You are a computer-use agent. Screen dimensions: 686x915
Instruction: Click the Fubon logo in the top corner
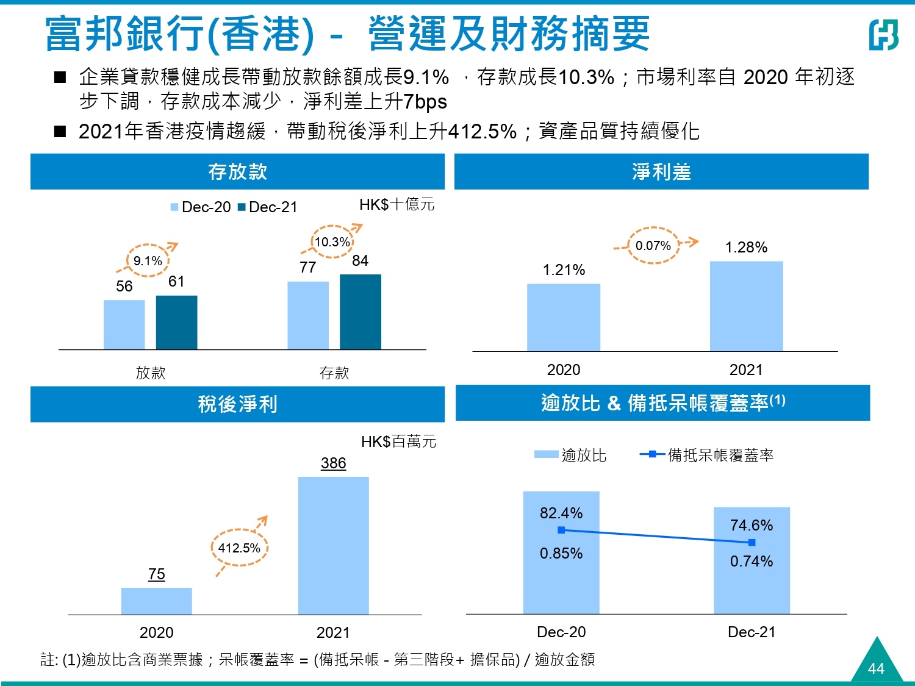(x=883, y=34)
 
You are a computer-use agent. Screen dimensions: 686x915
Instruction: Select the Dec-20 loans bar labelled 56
(x=124, y=324)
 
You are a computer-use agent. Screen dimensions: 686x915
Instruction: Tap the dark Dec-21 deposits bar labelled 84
(x=361, y=312)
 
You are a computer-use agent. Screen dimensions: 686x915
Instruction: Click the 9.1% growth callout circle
(x=148, y=260)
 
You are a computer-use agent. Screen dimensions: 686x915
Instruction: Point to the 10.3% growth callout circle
(x=332, y=241)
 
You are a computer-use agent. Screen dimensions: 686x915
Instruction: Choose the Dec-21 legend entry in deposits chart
(x=267, y=207)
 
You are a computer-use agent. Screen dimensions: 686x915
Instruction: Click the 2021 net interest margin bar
(x=746, y=306)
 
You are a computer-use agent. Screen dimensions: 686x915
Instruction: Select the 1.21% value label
(x=564, y=270)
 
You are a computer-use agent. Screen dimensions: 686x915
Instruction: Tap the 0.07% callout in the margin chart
(x=653, y=245)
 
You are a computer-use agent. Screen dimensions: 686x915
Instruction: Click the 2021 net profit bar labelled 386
(x=333, y=545)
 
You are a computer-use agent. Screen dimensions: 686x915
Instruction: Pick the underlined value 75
(x=157, y=574)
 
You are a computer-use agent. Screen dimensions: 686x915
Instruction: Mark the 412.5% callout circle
(x=239, y=548)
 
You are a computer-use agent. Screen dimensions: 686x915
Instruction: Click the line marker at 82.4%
(x=561, y=530)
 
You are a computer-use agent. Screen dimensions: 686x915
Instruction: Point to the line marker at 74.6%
(x=752, y=542)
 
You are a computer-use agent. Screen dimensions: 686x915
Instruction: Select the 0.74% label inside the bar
(x=752, y=561)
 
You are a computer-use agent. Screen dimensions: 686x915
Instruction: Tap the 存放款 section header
(x=237, y=172)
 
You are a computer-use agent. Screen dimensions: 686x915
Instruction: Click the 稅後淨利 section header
(x=237, y=404)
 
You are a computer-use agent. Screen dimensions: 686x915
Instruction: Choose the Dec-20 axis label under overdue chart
(x=561, y=632)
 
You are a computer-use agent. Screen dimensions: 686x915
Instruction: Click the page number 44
(x=876, y=668)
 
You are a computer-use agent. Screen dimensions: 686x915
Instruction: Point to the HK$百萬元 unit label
(x=398, y=441)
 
